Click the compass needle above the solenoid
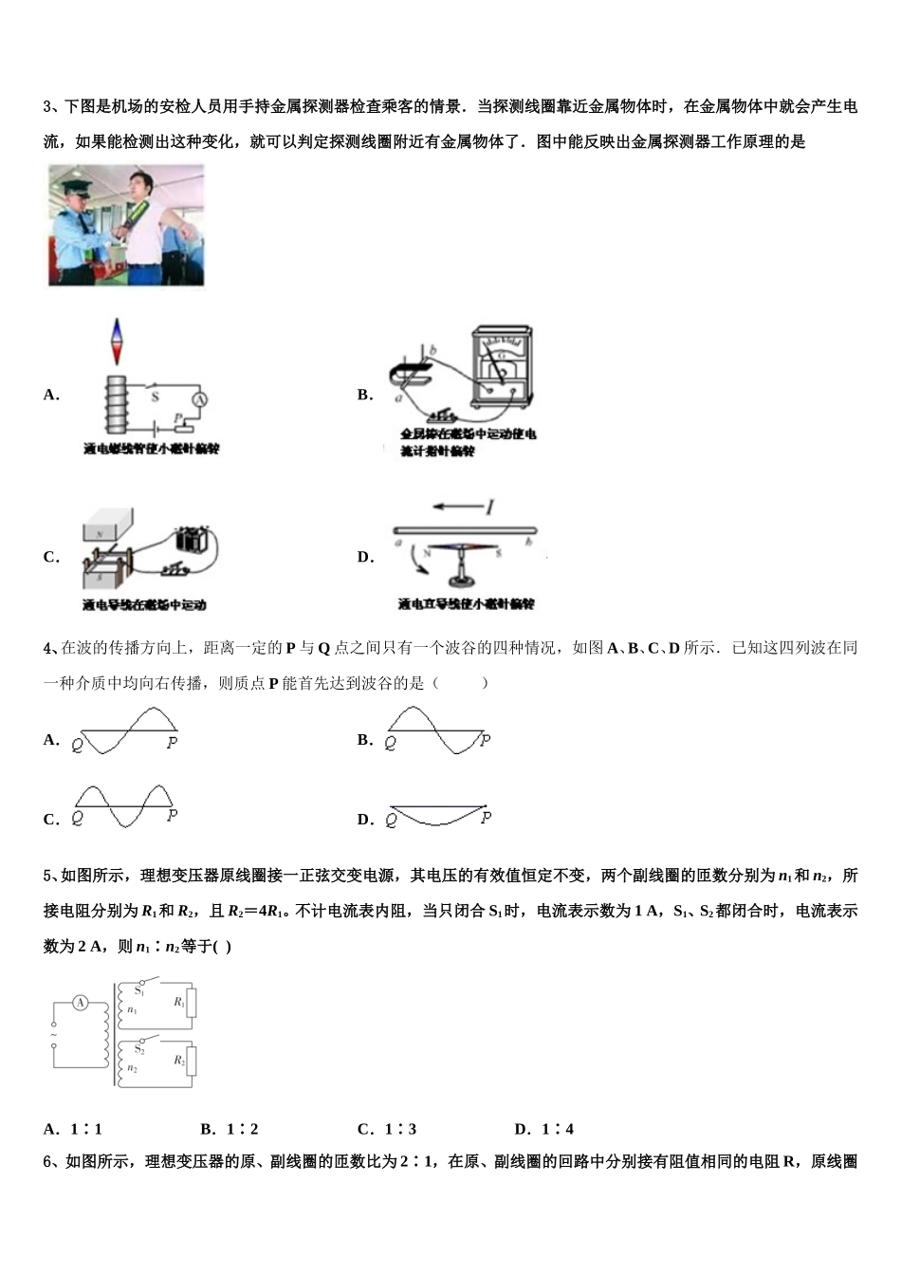(x=118, y=342)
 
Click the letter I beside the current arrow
(x=490, y=508)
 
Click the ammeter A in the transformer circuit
(x=81, y=1003)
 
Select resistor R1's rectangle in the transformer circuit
(x=191, y=1003)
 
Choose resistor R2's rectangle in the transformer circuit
(x=191, y=1061)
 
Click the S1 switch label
(x=138, y=990)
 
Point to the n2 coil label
(x=132, y=1069)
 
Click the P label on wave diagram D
(x=486, y=817)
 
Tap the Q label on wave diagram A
(x=78, y=745)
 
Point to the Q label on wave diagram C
(x=78, y=819)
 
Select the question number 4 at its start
(x=47, y=648)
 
